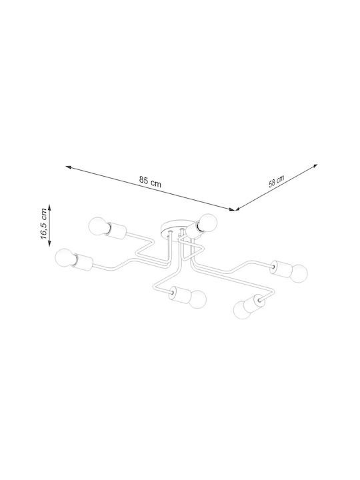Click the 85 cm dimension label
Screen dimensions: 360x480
(x=150, y=181)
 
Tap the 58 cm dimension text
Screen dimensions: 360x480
(x=277, y=181)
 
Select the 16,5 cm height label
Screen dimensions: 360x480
(x=44, y=224)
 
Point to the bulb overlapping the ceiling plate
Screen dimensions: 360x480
(x=207, y=222)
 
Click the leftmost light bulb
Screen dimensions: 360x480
(x=65, y=257)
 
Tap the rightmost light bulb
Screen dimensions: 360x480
(x=298, y=273)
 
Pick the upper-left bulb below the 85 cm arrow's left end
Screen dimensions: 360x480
(x=98, y=226)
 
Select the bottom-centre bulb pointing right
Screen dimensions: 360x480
(x=197, y=299)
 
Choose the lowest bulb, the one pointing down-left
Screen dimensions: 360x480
(x=243, y=310)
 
